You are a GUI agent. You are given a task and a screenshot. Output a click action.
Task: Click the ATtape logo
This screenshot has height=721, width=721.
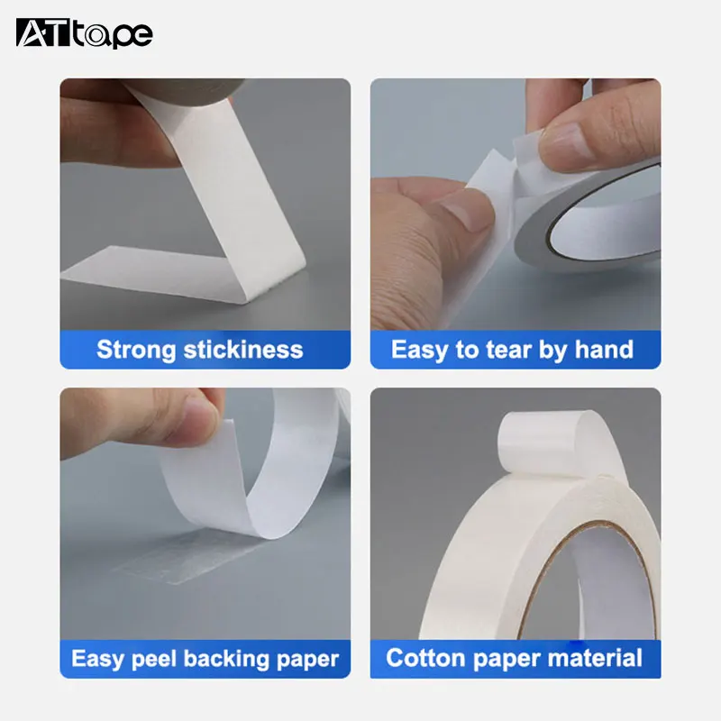(84, 33)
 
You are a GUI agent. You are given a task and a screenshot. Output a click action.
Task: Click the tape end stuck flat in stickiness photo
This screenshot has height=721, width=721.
(162, 276)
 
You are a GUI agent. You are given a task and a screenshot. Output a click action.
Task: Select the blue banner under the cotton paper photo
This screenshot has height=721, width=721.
(515, 659)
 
